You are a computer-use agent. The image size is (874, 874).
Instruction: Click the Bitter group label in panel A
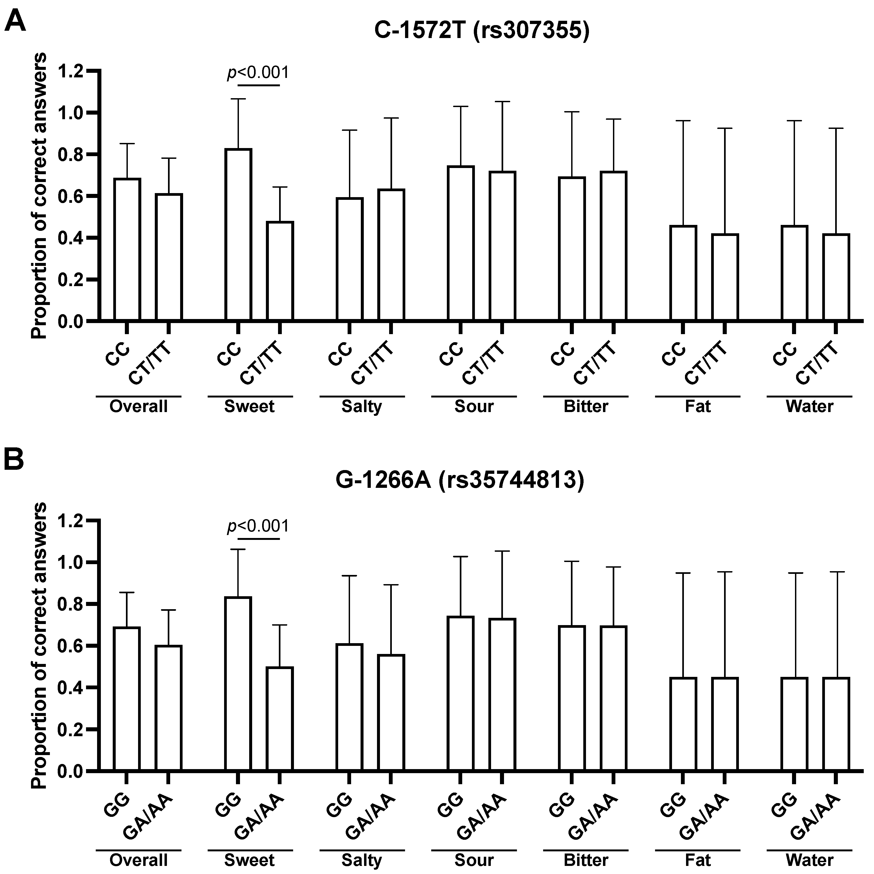(x=586, y=406)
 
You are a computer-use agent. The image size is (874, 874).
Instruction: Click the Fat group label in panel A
(x=698, y=406)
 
